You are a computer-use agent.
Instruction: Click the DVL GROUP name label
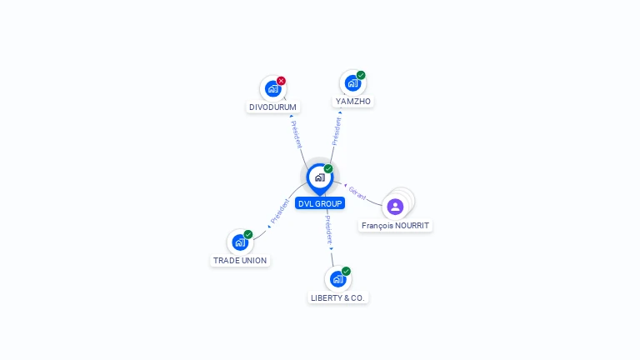click(x=320, y=203)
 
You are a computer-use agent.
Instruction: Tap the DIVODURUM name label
click(x=272, y=107)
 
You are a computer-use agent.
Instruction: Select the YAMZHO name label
click(x=353, y=101)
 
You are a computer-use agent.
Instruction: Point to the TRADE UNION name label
click(x=240, y=260)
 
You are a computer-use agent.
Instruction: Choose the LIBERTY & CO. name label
click(x=337, y=298)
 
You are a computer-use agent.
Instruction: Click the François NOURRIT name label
click(x=395, y=226)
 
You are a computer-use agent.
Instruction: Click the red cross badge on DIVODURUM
click(x=281, y=81)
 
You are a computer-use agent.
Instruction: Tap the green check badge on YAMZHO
click(x=361, y=75)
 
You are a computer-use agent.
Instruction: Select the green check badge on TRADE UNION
click(x=248, y=234)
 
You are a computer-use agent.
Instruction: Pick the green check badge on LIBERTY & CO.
click(x=346, y=271)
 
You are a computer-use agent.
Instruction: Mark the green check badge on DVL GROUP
click(x=328, y=168)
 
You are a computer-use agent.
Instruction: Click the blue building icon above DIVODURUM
click(x=272, y=88)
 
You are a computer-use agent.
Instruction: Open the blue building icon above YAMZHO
click(x=352, y=83)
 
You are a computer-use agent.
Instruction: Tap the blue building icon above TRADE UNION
click(x=240, y=242)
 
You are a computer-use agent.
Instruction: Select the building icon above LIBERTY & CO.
click(x=338, y=279)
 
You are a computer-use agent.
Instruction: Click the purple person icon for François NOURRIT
click(x=395, y=207)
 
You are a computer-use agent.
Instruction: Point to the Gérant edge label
click(x=357, y=193)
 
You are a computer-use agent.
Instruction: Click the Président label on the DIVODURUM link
click(x=297, y=134)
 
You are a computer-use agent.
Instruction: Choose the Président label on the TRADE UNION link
click(x=280, y=211)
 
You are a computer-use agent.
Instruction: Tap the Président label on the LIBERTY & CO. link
click(x=329, y=230)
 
